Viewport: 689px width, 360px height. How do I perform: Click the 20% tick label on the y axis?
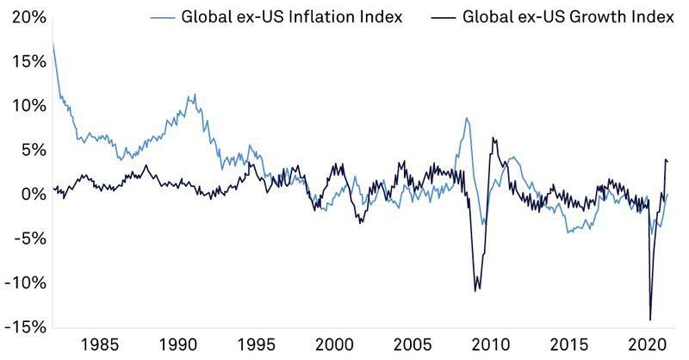(x=22, y=17)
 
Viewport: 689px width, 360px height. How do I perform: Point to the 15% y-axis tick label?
(x=22, y=61)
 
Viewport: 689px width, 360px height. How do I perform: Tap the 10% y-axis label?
(x=22, y=106)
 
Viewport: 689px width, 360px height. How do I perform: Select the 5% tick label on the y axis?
(x=27, y=150)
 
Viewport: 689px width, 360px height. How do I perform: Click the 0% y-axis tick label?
(x=27, y=195)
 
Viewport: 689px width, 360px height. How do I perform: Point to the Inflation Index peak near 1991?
(x=195, y=95)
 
